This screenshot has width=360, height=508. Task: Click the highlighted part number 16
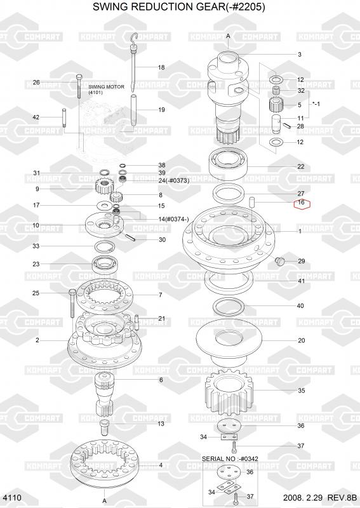click(x=302, y=203)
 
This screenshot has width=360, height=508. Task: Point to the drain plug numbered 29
click(x=279, y=260)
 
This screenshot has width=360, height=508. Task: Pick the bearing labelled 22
click(x=230, y=164)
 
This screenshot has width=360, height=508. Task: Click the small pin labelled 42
click(x=65, y=117)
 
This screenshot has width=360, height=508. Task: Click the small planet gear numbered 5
click(x=276, y=104)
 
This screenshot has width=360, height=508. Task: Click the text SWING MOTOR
click(x=106, y=87)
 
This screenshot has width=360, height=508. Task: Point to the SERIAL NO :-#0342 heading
click(x=230, y=458)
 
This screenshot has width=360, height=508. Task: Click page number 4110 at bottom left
click(x=12, y=498)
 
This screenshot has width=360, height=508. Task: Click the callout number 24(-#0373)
click(x=174, y=181)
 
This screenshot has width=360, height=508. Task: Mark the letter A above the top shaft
click(x=228, y=36)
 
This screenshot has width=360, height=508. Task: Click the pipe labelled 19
click(x=133, y=109)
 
